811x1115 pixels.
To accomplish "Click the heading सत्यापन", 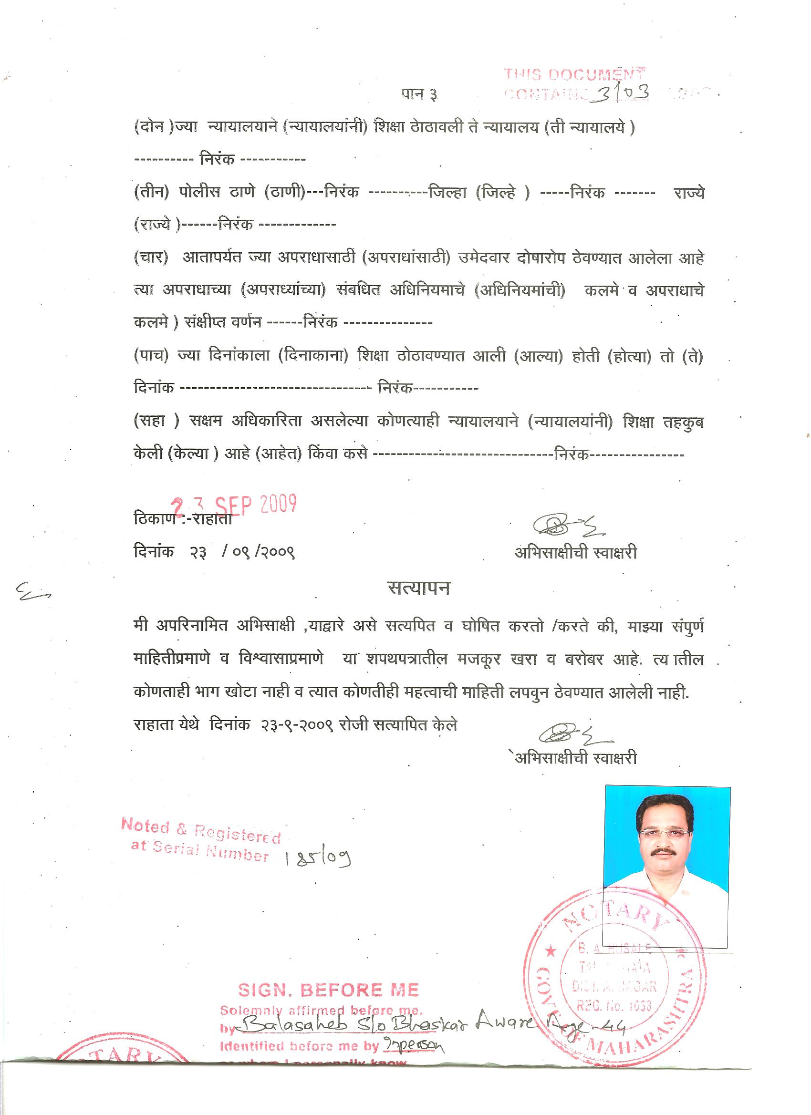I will tap(418, 588).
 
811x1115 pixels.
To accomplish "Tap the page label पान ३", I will tap(418, 94).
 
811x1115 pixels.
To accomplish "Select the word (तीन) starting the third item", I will tap(148, 192).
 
